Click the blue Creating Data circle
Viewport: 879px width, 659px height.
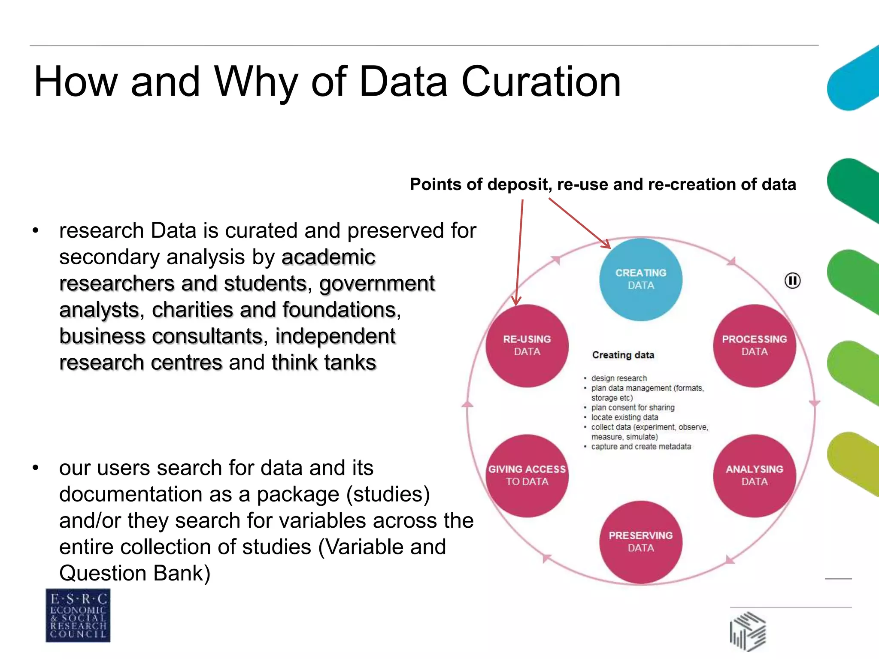640,279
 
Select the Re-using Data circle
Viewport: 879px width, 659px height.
527,346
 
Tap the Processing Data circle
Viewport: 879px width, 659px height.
754,346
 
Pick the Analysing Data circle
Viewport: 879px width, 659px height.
754,475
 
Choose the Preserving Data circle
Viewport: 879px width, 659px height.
640,542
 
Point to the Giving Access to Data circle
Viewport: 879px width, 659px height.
527,475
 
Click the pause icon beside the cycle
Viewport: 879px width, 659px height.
792,281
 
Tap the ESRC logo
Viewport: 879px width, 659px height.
78,615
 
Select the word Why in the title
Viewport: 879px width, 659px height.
256,82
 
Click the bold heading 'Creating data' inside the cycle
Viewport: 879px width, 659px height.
623,355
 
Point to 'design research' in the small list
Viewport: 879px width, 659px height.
618,378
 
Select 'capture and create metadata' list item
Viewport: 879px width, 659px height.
641,447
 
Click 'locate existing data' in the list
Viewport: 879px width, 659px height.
624,417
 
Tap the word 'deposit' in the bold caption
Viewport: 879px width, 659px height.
518,185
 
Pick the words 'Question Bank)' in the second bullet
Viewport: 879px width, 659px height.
135,573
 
